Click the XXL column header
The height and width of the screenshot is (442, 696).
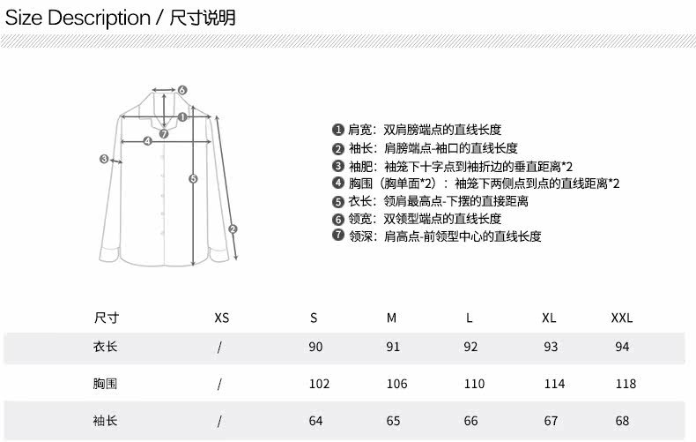coord(622,318)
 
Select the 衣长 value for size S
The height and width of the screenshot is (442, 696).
coord(315,347)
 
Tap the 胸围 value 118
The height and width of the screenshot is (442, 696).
coord(626,384)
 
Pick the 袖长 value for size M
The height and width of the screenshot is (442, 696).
coord(393,421)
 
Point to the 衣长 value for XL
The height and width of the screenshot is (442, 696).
coord(551,347)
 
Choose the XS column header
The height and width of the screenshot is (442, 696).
coord(221,318)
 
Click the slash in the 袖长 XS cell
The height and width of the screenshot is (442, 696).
coord(219,421)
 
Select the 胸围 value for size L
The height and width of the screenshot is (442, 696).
coord(474,384)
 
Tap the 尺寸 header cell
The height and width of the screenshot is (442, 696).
coord(106,318)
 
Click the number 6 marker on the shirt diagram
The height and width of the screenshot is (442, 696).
coord(182,90)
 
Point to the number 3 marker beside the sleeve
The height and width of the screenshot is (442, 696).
coord(104,160)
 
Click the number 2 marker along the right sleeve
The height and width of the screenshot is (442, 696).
coord(233,229)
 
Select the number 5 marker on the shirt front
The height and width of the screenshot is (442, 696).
coord(194,178)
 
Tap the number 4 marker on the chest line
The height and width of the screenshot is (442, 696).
coord(147,140)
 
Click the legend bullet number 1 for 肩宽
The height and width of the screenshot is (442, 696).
coord(337,130)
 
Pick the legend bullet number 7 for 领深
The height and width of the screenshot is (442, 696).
coord(337,236)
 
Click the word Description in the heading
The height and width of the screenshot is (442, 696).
coord(99,18)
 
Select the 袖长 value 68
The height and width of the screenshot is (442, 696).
coord(622,421)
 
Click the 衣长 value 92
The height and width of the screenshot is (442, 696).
coord(470,347)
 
